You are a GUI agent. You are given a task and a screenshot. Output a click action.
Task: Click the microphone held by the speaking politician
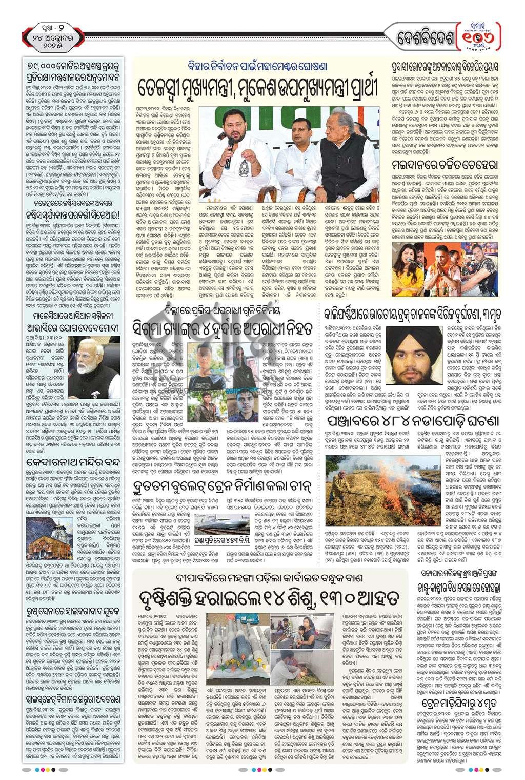click(x=229, y=148)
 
